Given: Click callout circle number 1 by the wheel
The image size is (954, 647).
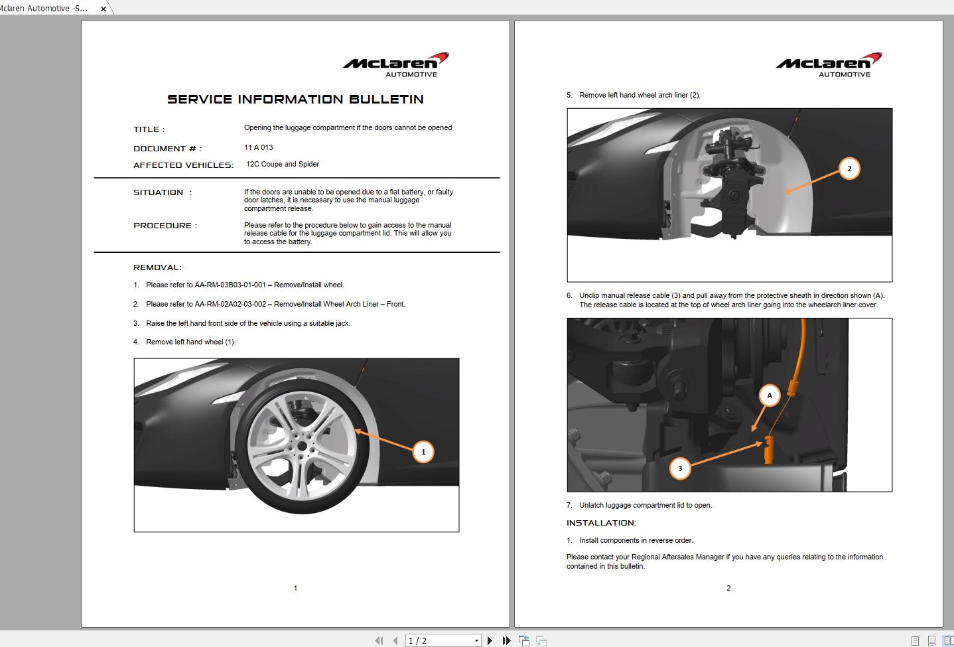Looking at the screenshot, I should point(423,452).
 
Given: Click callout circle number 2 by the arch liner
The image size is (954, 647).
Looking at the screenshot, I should point(849,169).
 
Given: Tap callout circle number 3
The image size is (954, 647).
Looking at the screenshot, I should point(680,468).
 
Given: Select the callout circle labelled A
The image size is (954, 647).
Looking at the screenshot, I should point(770,395).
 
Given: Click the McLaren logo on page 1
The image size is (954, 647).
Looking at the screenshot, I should point(395,64).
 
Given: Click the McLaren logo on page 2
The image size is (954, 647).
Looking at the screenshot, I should point(829,64).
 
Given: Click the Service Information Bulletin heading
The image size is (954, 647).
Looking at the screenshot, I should point(295,100).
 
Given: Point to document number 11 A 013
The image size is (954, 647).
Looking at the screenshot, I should point(258,147).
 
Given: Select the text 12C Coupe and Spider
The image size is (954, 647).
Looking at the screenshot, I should point(283,164).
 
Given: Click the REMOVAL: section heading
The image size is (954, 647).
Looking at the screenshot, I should point(157,267).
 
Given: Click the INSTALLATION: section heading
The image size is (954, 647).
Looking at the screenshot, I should point(601,523).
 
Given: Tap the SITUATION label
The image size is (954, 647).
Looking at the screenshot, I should point(159,192).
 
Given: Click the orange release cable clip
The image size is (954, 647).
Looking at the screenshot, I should point(769,451).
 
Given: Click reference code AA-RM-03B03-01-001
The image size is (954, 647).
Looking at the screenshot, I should point(230,285).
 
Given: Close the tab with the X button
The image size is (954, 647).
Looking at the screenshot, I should point(103,9).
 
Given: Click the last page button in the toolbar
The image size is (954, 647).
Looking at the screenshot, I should point(506,640).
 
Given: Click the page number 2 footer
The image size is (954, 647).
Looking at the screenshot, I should point(728,588).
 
